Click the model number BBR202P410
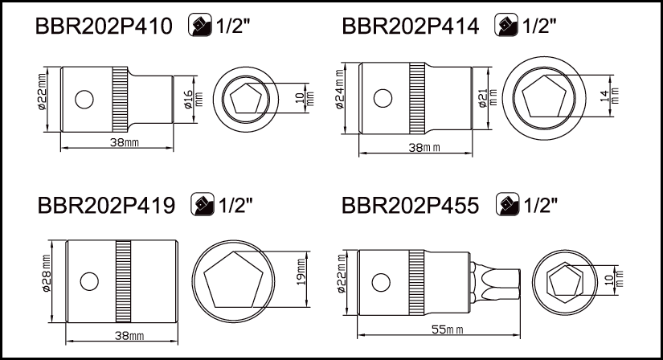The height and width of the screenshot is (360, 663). tap(104, 27)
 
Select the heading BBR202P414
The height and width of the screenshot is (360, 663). tap(410, 27)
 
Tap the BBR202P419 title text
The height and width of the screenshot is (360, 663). tap(106, 206)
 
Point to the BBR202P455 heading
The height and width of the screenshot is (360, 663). tap(410, 206)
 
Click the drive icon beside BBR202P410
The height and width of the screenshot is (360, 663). tap(200, 25)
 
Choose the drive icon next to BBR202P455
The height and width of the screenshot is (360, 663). tap(507, 204)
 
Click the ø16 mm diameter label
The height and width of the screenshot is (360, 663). tap(193, 100)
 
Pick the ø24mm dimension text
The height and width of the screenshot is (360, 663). tap(341, 90)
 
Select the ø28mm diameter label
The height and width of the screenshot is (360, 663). tap(46, 273)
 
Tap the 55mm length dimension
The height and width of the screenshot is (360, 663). tap(448, 329)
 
